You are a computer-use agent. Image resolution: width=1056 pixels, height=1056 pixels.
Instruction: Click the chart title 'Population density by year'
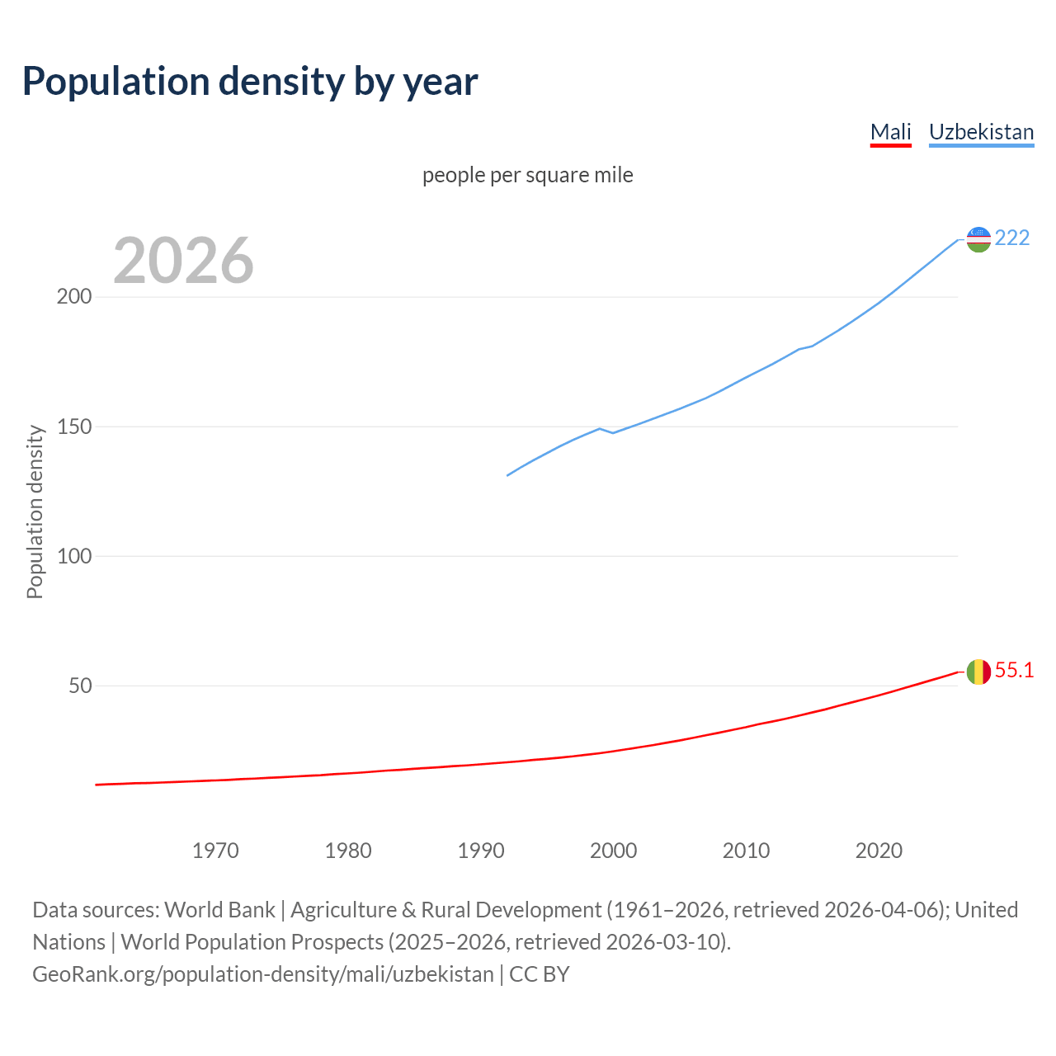click(x=250, y=81)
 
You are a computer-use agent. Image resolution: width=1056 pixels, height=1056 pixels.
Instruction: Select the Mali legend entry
click(x=890, y=132)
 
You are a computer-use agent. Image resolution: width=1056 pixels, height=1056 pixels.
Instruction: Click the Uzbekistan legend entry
click(x=981, y=132)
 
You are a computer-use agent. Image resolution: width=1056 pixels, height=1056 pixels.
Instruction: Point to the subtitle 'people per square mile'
click(x=527, y=175)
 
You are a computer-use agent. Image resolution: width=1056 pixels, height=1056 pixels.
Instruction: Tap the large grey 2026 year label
click(x=183, y=260)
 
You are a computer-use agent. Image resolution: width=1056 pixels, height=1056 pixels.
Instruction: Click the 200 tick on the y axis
click(x=73, y=297)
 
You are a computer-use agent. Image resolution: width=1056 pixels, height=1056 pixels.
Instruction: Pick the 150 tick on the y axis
click(x=73, y=427)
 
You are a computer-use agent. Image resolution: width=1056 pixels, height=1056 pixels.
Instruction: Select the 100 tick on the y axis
click(x=73, y=556)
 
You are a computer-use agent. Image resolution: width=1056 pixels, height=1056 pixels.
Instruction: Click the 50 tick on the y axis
click(x=79, y=686)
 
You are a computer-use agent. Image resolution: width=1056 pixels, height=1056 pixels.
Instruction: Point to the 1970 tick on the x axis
click(x=215, y=851)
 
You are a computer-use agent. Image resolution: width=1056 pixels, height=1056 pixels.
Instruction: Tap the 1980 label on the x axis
click(x=348, y=851)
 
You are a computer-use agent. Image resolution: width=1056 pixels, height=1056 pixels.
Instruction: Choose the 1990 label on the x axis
click(x=481, y=851)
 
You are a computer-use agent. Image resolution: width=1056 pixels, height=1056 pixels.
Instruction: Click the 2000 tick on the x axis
click(x=613, y=851)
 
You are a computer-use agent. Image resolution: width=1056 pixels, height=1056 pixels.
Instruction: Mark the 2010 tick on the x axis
click(x=746, y=851)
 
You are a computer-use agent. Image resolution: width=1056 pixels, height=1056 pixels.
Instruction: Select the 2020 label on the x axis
click(x=879, y=851)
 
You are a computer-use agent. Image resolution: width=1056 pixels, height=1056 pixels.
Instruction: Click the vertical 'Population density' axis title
click(x=35, y=511)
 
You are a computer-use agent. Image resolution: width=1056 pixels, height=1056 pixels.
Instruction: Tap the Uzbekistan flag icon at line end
click(x=978, y=239)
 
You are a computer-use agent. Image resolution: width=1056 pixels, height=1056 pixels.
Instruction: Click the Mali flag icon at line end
click(x=978, y=672)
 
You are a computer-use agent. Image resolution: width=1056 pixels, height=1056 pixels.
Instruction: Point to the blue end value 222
click(x=1012, y=238)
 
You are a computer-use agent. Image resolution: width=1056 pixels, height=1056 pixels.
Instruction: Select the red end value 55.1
click(x=1014, y=670)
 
